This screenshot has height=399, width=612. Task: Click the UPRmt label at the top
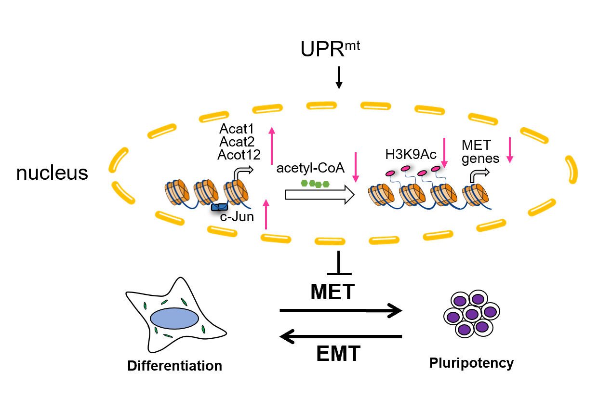[331, 49]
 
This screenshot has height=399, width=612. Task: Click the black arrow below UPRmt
[339, 78]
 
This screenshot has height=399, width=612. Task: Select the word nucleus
[52, 173]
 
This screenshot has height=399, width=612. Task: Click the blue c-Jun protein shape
[220, 207]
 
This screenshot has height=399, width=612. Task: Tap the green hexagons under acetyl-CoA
[315, 183]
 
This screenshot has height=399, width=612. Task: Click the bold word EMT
[338, 354]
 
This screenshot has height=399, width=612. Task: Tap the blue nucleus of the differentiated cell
[174, 319]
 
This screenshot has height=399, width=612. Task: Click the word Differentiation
[174, 366]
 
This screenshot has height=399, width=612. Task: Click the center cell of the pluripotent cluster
[471, 314]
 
